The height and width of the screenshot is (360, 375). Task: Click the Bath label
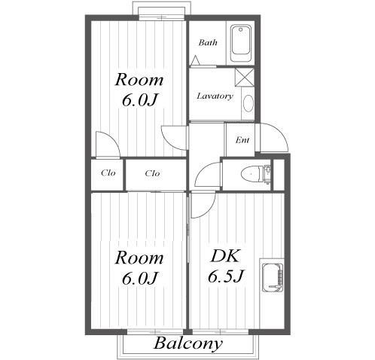click(208, 42)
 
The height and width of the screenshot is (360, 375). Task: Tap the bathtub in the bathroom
click(241, 44)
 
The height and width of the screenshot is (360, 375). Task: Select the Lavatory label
click(215, 96)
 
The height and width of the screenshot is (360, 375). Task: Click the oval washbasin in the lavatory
click(248, 103)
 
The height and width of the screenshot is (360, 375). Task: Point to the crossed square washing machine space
click(245, 77)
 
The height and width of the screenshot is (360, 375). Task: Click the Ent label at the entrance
click(242, 140)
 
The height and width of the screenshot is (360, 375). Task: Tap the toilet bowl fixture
click(251, 174)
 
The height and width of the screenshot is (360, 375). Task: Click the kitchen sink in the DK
click(273, 277)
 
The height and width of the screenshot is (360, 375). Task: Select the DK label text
click(224, 257)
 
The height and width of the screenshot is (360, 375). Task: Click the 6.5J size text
click(225, 276)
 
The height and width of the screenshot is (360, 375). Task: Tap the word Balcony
click(188, 343)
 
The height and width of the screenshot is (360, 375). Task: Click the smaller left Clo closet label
click(108, 172)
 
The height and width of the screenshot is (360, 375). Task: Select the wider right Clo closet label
click(152, 173)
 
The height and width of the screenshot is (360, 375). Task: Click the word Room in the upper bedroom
click(139, 80)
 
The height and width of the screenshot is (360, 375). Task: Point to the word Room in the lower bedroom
click(139, 258)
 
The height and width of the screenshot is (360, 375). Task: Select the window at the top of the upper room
click(162, 17)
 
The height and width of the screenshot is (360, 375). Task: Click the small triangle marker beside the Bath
click(195, 60)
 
